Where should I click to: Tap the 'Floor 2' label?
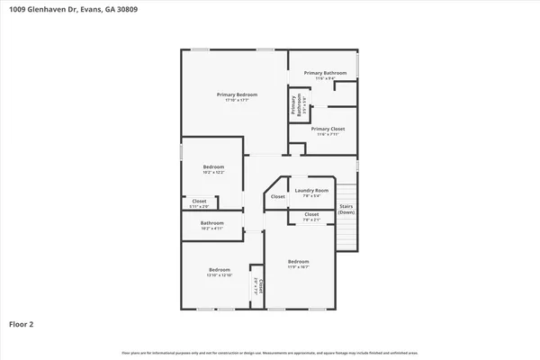pyautogui.click(x=22, y=323)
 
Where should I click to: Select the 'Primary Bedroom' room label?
pyautogui.click(x=237, y=94)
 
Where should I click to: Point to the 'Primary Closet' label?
pyautogui.click(x=328, y=129)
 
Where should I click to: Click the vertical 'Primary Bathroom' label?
pyautogui.click(x=293, y=105)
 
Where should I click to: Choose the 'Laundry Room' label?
pyautogui.click(x=311, y=190)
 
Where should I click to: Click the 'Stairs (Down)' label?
pyautogui.click(x=346, y=210)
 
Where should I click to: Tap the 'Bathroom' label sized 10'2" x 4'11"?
pyautogui.click(x=212, y=222)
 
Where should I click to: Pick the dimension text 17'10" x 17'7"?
pyautogui.click(x=237, y=101)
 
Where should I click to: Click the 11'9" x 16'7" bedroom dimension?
pyautogui.click(x=299, y=267)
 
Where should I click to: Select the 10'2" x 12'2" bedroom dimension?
pyautogui.click(x=213, y=173)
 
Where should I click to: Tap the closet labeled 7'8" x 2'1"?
pyautogui.click(x=311, y=220)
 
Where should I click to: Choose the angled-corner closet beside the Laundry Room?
pyautogui.click(x=278, y=196)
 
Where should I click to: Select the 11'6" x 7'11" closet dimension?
pyautogui.click(x=328, y=135)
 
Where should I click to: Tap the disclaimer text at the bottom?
pyautogui.click(x=269, y=352)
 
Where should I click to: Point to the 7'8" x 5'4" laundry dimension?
pyautogui.click(x=311, y=196)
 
